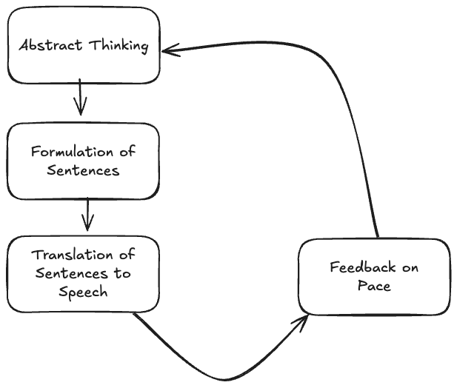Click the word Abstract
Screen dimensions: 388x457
coord(50,45)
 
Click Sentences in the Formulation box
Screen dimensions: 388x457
coord(83,170)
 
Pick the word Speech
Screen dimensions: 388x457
coord(84,292)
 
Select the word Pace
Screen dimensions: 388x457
coord(374,286)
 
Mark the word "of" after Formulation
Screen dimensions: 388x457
coord(127,152)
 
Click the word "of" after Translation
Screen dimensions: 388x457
coord(127,255)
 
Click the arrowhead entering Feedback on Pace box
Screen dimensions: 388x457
coord(302,319)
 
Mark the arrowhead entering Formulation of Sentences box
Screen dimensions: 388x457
coord(81,111)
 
